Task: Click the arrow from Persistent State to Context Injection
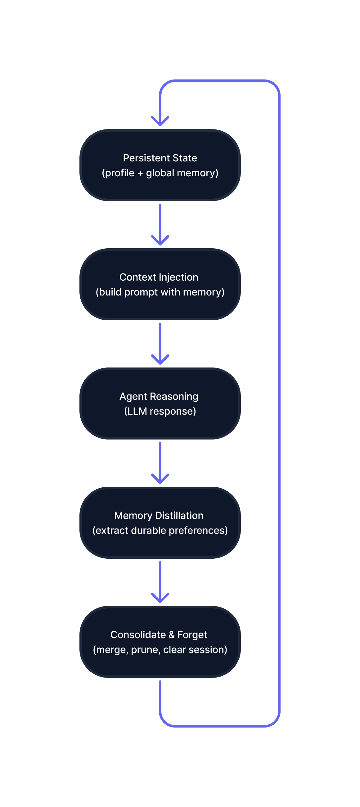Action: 160,224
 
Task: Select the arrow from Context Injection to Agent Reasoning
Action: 160,343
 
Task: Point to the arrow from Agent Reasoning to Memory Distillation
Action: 160,462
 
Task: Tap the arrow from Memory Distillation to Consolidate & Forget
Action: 160,581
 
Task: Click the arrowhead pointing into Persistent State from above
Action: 160,122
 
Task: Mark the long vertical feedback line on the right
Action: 279,404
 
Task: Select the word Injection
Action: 178,277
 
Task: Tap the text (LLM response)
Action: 160,411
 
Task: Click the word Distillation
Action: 179,515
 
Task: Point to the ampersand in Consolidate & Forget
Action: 171,635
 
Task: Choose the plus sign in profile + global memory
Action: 140,173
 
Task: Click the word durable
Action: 148,530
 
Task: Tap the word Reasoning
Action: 174,397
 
